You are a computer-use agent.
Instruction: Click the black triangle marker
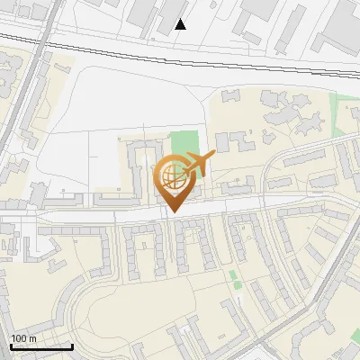[181, 24]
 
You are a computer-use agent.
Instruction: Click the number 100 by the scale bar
[19, 338]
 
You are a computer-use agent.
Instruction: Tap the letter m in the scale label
[32, 338]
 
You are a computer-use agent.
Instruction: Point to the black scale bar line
[41, 346]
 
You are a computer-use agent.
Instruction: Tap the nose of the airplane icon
[214, 156]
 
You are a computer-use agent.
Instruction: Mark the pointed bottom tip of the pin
[173, 212]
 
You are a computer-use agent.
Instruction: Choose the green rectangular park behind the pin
[184, 144]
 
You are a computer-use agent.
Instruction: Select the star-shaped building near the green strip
[297, 117]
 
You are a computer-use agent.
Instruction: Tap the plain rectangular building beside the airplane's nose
[225, 141]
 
